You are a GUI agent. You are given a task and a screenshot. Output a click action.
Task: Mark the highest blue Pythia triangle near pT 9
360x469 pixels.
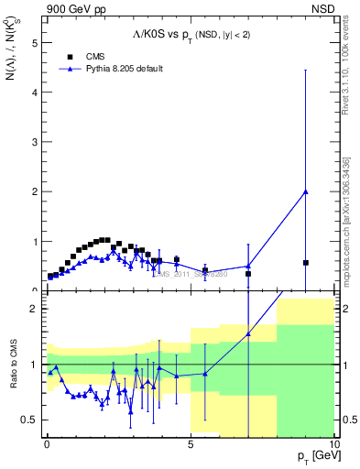305,191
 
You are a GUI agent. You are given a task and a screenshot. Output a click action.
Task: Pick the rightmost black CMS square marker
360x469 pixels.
305,263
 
